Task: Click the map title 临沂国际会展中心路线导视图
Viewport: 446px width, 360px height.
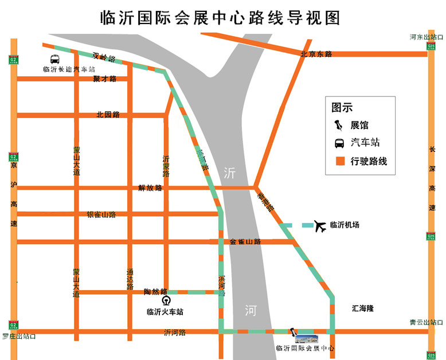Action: pos(220,18)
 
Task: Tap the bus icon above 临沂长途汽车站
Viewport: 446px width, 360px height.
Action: pos(54,59)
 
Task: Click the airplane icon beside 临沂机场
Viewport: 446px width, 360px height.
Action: pos(320,226)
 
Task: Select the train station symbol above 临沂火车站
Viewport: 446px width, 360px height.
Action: pos(166,300)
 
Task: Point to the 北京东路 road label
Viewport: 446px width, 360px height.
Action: pos(316,54)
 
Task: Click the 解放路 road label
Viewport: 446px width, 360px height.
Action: pos(150,187)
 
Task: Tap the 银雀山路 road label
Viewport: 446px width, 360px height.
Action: pos(101,214)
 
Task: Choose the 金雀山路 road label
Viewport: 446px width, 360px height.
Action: pos(245,242)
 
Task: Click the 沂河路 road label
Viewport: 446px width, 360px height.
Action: pos(175,332)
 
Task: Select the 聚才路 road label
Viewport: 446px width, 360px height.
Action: pos(105,79)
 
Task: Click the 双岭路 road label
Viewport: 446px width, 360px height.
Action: pos(104,57)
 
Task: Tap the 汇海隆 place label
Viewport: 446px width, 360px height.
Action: pos(362,308)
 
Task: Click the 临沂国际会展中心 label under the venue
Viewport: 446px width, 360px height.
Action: pos(304,348)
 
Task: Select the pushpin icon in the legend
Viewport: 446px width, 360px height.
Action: pos(339,125)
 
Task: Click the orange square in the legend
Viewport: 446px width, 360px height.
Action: pos(340,161)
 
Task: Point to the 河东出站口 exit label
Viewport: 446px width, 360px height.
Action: pos(425,37)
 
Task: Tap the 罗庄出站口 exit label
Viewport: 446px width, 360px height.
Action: pos(19,336)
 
